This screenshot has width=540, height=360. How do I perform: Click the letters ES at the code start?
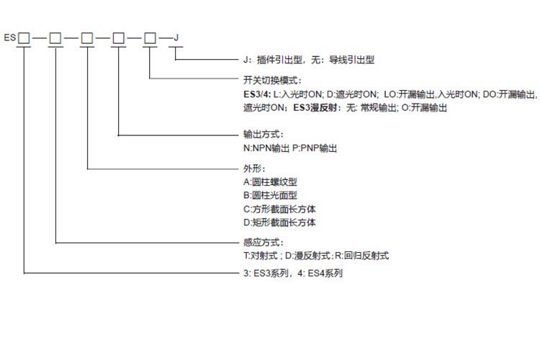click(x=10, y=37)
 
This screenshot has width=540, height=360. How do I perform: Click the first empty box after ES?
click(x=24, y=37)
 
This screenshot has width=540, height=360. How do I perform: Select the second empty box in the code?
click(x=55, y=37)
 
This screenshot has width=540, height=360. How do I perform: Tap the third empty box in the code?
click(x=87, y=37)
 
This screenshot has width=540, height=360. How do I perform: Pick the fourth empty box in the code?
click(x=119, y=37)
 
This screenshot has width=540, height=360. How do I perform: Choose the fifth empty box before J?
click(x=150, y=37)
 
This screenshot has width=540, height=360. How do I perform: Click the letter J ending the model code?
click(x=177, y=37)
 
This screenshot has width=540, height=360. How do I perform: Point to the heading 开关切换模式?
click(x=272, y=80)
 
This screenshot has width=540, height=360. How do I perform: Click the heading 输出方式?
click(x=264, y=135)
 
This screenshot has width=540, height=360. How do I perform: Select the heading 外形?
click(x=255, y=168)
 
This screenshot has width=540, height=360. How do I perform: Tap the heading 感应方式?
click(x=264, y=243)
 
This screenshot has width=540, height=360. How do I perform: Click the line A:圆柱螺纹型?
click(x=271, y=182)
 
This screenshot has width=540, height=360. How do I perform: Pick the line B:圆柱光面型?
click(x=271, y=196)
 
